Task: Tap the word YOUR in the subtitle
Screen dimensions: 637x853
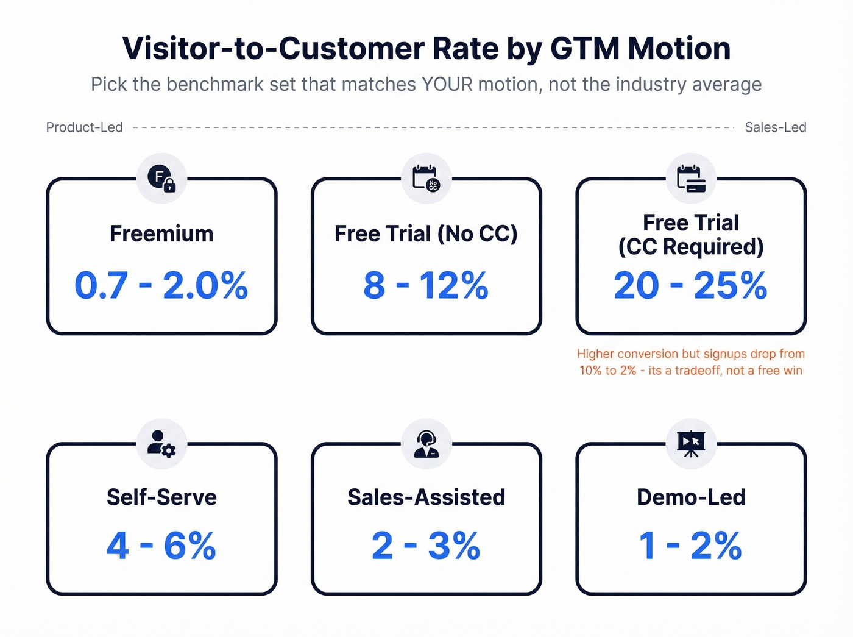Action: pos(447,84)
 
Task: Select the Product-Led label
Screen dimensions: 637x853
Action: pos(85,127)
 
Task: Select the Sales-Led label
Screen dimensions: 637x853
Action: pos(775,127)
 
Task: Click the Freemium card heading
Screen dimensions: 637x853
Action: pos(161,234)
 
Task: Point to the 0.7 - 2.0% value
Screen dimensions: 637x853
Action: pos(161,285)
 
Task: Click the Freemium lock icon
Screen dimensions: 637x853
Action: pos(161,179)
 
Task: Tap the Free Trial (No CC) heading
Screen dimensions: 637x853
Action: pos(426,234)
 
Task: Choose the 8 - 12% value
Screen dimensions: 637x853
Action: pos(426,285)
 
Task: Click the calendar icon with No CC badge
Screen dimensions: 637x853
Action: pos(426,179)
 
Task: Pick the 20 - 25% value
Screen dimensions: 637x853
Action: pos(690,285)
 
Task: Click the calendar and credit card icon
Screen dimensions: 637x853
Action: pos(691,179)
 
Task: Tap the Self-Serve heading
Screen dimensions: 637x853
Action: pos(161,497)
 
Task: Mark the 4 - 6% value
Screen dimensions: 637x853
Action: pos(161,546)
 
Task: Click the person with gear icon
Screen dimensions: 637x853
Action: pos(161,444)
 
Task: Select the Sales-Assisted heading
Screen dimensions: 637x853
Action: pos(426,497)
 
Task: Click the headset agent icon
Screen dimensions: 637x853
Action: pos(426,444)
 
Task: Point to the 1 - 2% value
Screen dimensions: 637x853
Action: pos(690,546)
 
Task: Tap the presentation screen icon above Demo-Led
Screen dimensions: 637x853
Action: pos(691,444)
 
